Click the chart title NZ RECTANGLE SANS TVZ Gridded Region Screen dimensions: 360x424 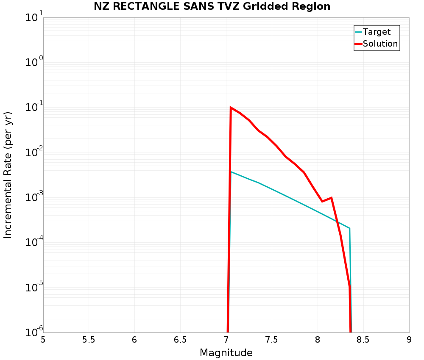pos(212,6)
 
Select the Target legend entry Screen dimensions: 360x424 pos(377,32)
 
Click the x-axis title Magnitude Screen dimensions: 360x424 pos(226,353)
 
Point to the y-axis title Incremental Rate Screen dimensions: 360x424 pos(8,175)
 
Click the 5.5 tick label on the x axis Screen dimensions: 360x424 pos(89,340)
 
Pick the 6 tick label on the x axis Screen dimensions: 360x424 pos(134,340)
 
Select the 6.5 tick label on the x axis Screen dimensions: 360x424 pos(180,340)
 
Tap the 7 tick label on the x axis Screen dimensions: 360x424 pos(226,340)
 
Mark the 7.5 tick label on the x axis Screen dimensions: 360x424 pos(272,340)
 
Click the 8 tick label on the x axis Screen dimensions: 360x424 pos(318,340)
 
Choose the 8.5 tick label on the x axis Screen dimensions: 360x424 pos(363,340)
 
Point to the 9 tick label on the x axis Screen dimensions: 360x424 pos(409,340)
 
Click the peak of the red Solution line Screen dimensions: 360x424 pos(231,108)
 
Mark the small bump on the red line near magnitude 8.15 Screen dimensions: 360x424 pos(331,198)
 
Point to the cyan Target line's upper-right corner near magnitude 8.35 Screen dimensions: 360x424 pos(349,228)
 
